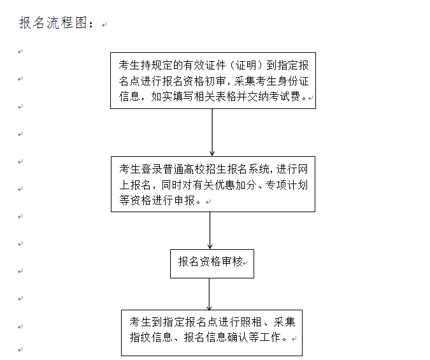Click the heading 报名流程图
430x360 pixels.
click(53, 23)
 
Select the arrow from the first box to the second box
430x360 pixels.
click(212, 133)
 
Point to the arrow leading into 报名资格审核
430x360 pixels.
click(210, 230)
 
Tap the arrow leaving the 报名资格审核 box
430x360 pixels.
click(209, 294)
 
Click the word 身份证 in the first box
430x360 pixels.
click(293, 81)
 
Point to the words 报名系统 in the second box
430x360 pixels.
click(248, 169)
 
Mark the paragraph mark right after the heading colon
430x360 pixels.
click(104, 25)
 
